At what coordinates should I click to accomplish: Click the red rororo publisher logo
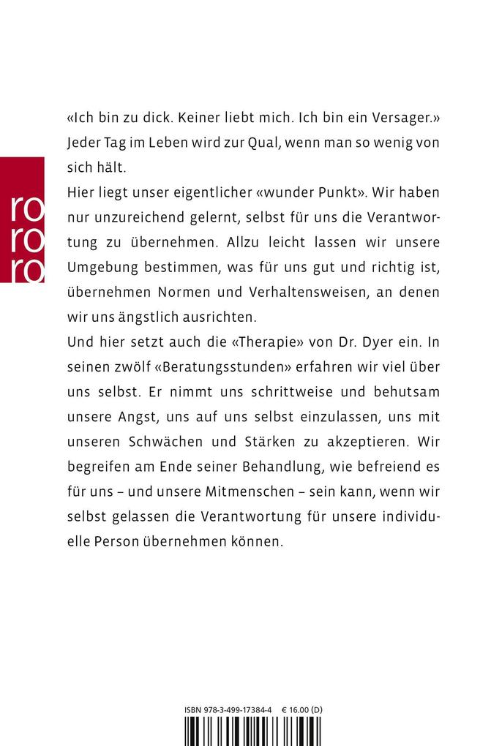tap(23, 219)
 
